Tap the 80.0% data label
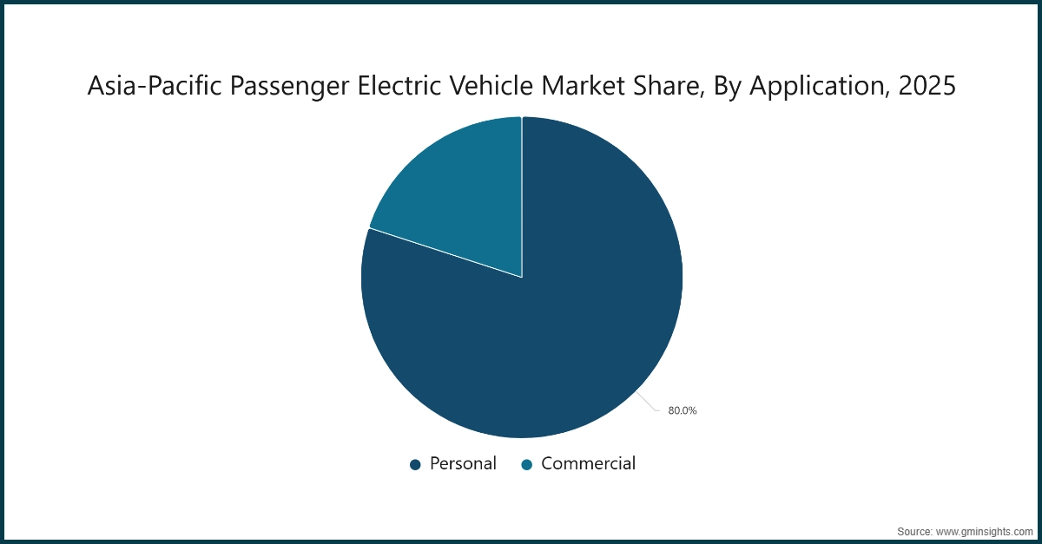coord(682,411)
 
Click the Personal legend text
coord(463,463)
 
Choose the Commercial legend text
coord(588,463)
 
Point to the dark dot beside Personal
coord(415,465)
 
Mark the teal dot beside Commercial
coord(526,465)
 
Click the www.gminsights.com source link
coord(986,530)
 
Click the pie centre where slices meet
coord(522,278)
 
